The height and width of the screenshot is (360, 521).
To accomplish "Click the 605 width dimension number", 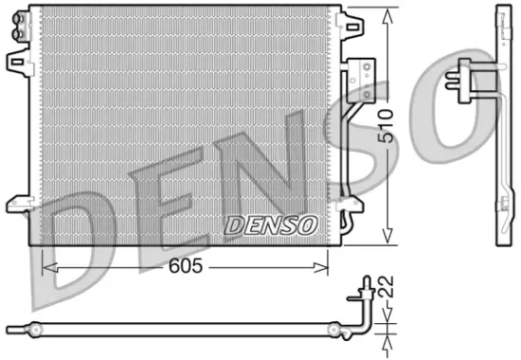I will (x=188, y=267).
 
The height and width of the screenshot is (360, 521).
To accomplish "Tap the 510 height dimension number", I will (x=386, y=123).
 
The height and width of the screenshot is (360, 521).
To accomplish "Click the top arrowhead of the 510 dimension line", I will (x=386, y=13).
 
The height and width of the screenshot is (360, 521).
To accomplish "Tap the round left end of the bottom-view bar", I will (x=35, y=330).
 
